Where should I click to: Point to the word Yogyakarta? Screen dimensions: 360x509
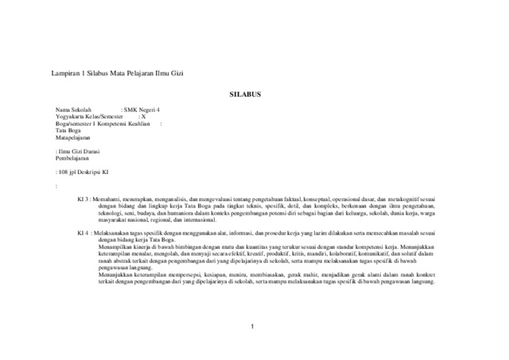[x=70, y=117]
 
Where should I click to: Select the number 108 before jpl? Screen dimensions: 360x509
[x=64, y=172]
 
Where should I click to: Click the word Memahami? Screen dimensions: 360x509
[x=108, y=199]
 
